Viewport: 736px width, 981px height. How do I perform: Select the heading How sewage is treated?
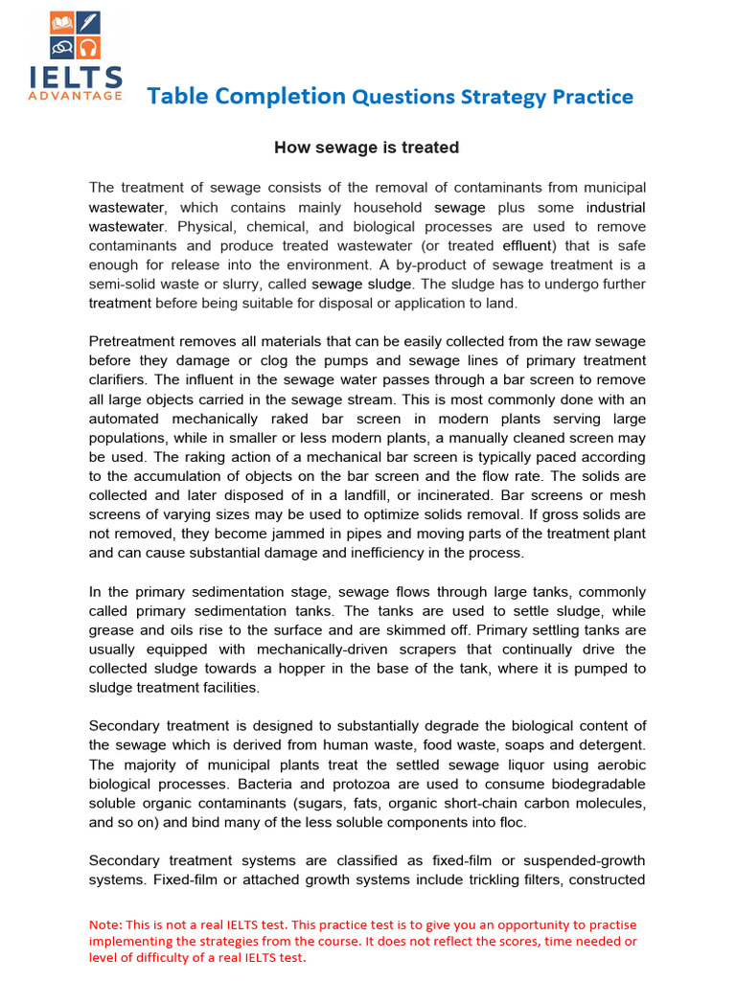click(367, 148)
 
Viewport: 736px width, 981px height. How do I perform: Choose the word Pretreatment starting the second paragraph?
click(134, 342)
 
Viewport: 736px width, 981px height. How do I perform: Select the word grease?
click(115, 630)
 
